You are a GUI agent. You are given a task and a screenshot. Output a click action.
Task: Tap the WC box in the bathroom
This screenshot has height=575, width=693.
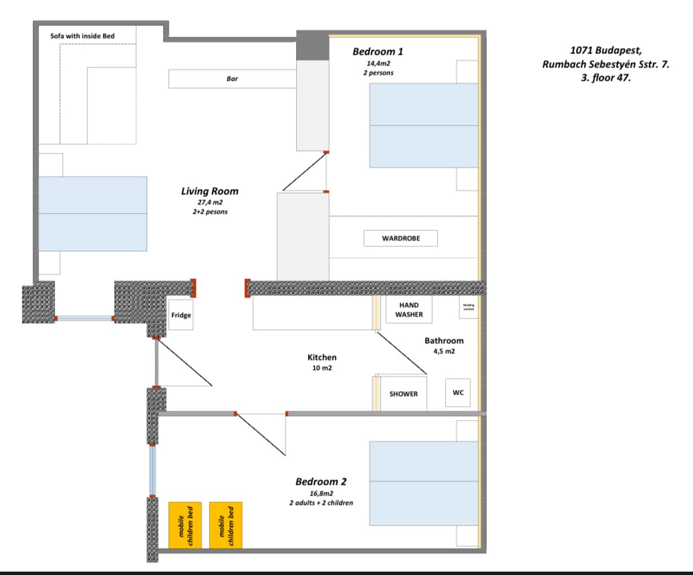[x=458, y=393]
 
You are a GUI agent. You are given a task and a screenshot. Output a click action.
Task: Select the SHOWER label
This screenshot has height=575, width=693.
[x=404, y=394]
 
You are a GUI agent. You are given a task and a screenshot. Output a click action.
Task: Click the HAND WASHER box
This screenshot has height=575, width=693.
[x=408, y=310]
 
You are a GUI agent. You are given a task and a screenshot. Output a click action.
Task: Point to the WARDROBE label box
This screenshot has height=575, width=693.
[x=401, y=238]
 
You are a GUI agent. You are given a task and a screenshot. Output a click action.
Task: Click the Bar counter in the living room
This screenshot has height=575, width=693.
[x=232, y=79]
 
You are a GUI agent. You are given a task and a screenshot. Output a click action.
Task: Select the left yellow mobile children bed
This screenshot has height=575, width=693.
[x=185, y=526]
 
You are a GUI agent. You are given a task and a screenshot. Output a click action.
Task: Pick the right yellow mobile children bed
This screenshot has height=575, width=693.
[x=226, y=526]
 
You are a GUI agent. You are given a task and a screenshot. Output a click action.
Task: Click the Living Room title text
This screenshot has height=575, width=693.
[x=209, y=191]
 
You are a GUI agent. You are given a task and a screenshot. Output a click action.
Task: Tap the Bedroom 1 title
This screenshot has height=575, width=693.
[x=378, y=51]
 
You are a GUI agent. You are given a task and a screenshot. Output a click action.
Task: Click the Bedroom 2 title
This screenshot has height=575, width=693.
[x=321, y=482]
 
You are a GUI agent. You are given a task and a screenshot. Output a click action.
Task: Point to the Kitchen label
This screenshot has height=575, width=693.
[x=322, y=357]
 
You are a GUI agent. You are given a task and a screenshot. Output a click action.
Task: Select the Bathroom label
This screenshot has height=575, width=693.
[x=444, y=341]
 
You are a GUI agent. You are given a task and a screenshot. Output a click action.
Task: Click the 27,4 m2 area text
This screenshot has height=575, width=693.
[x=209, y=202]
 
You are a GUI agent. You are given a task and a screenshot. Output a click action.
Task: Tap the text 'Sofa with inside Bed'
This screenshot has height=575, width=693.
[x=83, y=35]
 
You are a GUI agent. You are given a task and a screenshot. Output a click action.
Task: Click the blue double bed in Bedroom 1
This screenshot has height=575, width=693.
[x=424, y=126]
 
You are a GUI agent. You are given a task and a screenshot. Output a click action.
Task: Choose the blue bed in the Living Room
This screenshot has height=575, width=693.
[x=92, y=214]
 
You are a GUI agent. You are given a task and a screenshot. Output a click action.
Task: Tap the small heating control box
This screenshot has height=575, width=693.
[x=468, y=308]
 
